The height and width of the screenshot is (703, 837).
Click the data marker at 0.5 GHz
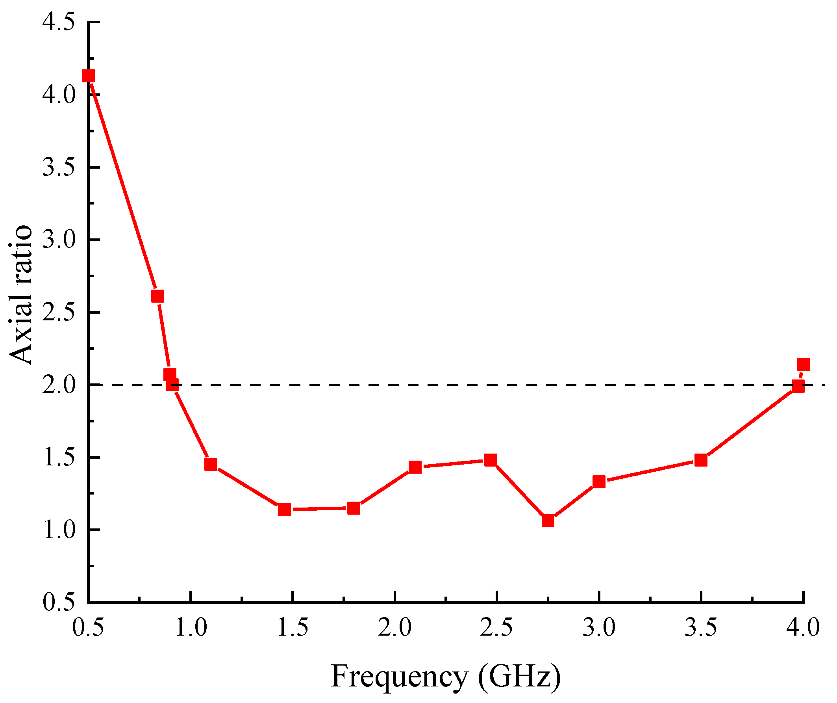point(88,76)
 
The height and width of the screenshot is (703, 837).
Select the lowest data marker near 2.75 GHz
point(548,521)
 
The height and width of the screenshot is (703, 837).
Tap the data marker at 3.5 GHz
point(701,460)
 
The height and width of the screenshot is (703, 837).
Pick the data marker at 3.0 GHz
point(599,482)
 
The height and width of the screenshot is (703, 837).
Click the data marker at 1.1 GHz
point(211,464)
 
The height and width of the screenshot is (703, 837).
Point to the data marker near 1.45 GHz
point(284,510)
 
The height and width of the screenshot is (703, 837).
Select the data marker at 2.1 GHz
point(415,467)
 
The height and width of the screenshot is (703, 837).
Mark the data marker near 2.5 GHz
point(491,460)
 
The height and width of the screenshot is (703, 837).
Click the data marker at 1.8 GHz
point(354,508)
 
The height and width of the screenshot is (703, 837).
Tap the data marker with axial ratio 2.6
point(157,296)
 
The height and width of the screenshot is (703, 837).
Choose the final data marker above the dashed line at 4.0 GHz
point(803,364)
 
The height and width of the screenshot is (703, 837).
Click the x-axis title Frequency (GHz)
point(446,677)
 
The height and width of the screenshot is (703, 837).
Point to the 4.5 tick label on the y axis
point(59,22)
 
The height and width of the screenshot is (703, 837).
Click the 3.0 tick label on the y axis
point(59,240)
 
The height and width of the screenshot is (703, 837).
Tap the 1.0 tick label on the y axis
point(59,530)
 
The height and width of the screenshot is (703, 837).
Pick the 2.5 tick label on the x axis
point(496,627)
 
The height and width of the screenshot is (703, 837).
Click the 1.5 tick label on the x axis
point(293,627)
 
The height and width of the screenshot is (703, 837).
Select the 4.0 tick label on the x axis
point(803,627)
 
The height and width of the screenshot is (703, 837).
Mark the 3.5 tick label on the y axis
point(59,167)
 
